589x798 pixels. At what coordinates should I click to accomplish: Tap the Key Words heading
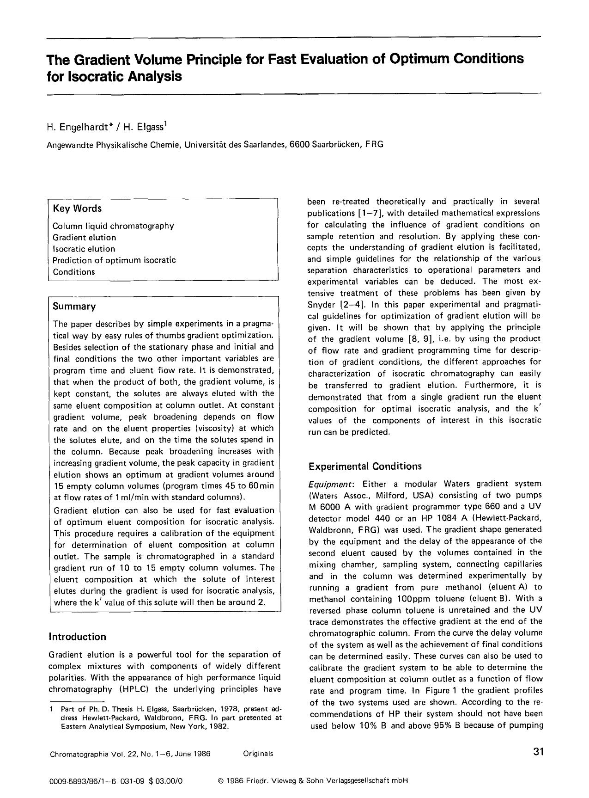[x=77, y=209]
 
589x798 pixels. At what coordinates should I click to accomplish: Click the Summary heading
[x=74, y=307]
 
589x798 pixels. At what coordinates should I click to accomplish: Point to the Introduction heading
[x=77, y=637]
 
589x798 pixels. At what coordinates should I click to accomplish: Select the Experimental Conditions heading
[x=365, y=466]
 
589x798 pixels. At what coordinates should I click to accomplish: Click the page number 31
[x=538, y=752]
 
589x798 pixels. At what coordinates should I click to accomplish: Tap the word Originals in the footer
[x=258, y=754]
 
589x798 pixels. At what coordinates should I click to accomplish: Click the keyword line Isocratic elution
[x=84, y=249]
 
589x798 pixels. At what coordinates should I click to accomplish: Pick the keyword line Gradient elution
[x=84, y=237]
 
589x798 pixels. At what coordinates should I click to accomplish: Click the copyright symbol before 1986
[x=220, y=781]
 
